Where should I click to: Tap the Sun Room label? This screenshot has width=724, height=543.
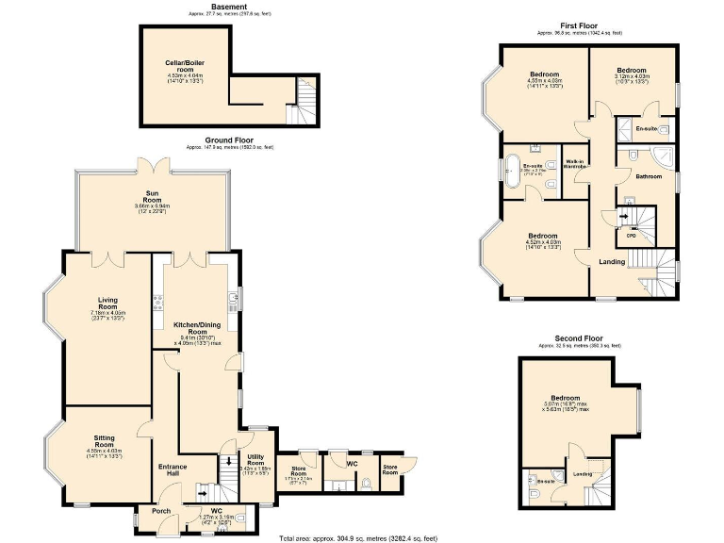point(152,195)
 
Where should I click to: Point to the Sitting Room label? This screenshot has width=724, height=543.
point(105,443)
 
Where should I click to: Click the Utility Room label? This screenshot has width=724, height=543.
point(257,461)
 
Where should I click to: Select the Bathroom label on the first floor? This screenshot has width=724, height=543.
point(649,176)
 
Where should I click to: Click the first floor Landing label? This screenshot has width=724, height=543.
point(612,261)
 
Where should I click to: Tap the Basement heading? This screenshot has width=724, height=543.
point(229,7)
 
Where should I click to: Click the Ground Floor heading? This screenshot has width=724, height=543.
point(229,140)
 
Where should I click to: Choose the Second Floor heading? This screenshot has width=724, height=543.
point(579,338)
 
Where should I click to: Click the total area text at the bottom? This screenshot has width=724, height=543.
point(357,537)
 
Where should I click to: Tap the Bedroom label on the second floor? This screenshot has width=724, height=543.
point(565,399)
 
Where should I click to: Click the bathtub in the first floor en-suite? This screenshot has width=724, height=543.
point(514,175)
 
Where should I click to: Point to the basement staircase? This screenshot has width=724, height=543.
point(305,100)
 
